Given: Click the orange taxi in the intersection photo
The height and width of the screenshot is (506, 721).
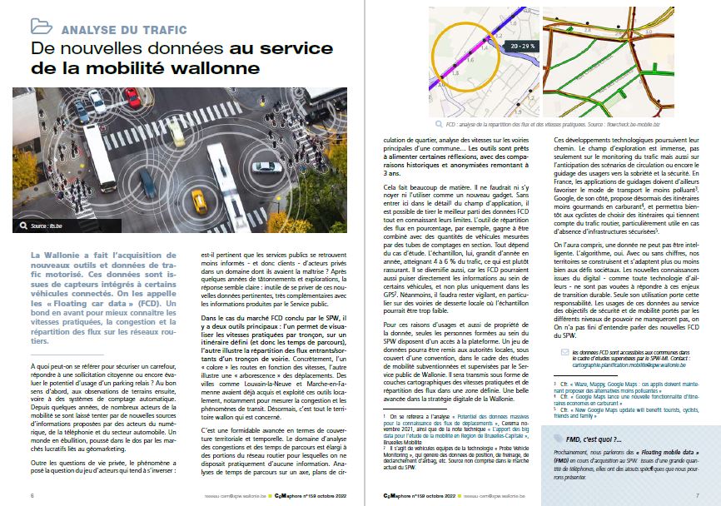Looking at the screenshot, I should pos(199,200).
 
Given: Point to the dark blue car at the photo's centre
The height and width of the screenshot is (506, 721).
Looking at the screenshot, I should pos(147,184).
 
